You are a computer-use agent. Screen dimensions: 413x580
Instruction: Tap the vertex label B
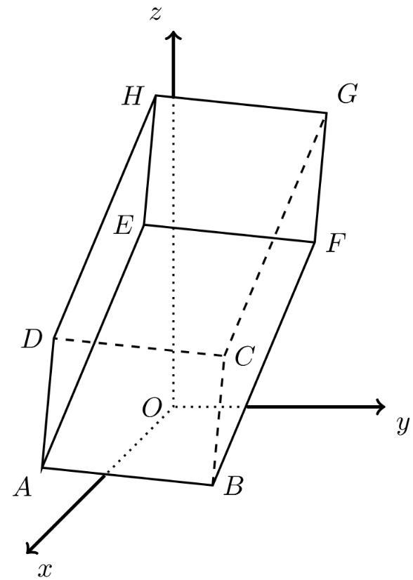pyautogui.click(x=233, y=486)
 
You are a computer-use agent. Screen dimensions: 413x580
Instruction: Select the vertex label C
pyautogui.click(x=244, y=356)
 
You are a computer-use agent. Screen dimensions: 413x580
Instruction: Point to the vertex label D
pyautogui.click(x=32, y=339)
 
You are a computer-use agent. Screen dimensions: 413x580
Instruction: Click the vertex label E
pyautogui.click(x=123, y=225)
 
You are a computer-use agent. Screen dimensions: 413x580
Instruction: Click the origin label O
pyautogui.click(x=152, y=409)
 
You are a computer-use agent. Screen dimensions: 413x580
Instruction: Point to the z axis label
pyautogui.click(x=156, y=13)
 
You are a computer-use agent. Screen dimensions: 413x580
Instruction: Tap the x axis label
pyautogui.click(x=45, y=570)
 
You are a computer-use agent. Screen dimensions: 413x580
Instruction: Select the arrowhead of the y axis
pyautogui.click(x=381, y=407)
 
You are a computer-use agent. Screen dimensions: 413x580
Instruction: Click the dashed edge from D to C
pyautogui.click(x=139, y=347)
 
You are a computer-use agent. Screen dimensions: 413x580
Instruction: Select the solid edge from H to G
pyautogui.click(x=241, y=104)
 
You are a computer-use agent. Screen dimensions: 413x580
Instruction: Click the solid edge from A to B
pyautogui.click(x=128, y=476)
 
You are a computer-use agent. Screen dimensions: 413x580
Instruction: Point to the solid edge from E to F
pyautogui.click(x=230, y=233)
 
